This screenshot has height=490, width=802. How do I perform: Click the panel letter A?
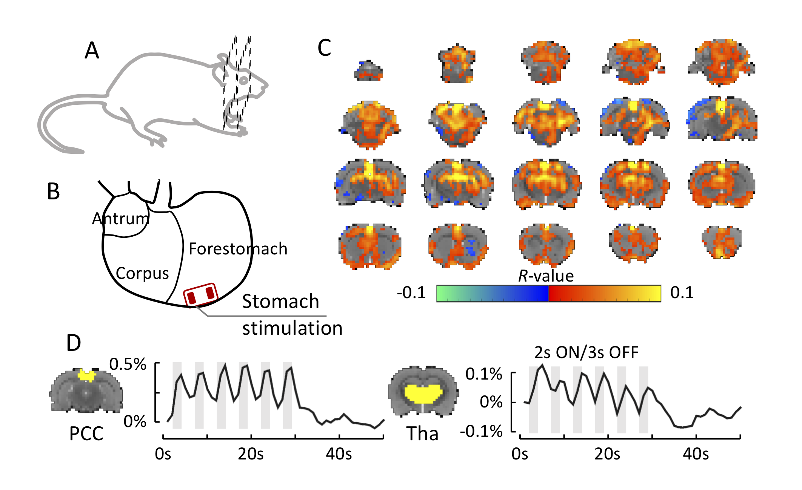(92, 51)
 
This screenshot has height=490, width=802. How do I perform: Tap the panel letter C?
(324, 48)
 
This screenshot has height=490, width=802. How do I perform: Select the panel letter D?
(74, 343)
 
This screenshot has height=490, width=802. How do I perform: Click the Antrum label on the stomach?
(121, 219)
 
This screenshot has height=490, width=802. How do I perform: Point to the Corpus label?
(142, 273)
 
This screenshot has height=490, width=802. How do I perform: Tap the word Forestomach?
(238, 249)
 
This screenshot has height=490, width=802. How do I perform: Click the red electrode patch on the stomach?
(201, 295)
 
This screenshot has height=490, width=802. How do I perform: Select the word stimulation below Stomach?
(292, 328)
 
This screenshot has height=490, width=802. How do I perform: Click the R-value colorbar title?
(546, 276)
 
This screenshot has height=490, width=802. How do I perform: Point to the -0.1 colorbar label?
(411, 292)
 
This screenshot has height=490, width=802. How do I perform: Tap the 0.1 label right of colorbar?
(682, 292)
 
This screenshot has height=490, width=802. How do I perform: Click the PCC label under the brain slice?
(86, 433)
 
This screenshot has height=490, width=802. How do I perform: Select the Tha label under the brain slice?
(422, 433)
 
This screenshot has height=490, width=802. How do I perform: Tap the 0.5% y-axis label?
(128, 364)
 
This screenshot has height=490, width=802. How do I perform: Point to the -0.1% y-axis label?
(481, 431)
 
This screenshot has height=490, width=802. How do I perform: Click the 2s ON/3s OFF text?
(586, 352)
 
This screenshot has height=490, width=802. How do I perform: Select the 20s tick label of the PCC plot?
(251, 454)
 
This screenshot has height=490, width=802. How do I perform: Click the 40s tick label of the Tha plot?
(696, 454)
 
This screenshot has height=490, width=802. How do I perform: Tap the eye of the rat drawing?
(244, 80)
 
